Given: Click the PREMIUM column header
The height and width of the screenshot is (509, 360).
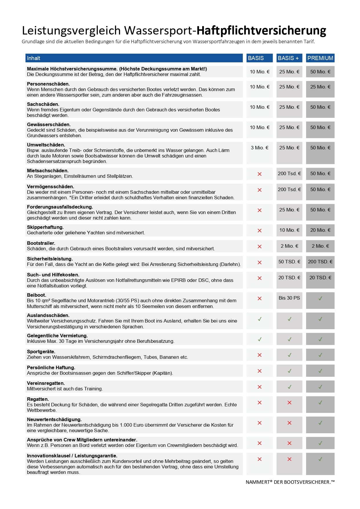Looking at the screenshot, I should pyautogui.click(x=320, y=58).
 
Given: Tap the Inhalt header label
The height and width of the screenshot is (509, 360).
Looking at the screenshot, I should pyautogui.click(x=34, y=58).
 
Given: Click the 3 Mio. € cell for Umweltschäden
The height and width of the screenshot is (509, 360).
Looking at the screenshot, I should pyautogui.click(x=260, y=148).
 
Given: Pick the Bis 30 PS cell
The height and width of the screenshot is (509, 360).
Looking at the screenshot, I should pyautogui.click(x=289, y=298).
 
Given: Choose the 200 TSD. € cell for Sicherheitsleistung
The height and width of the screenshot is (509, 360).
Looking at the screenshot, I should pyautogui.click(x=320, y=262).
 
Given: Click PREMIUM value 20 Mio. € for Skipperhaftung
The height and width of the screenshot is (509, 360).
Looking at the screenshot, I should pyautogui.click(x=320, y=230).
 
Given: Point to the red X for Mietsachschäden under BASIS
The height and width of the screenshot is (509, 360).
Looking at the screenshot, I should pyautogui.click(x=260, y=174).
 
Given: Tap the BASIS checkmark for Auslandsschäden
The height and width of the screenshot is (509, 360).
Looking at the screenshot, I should pyautogui.click(x=260, y=319).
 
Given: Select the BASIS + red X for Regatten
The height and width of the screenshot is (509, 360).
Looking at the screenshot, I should pyautogui.click(x=289, y=403).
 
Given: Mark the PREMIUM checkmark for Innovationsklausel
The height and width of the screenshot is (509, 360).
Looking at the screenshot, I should pyautogui.click(x=320, y=459).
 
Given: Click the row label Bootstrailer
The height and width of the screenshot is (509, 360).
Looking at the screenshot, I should pyautogui.click(x=41, y=243).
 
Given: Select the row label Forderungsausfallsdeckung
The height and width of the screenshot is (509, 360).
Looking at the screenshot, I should pyautogui.click(x=60, y=207).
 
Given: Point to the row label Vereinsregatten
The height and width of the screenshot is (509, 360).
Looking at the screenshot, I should pyautogui.click(x=46, y=383).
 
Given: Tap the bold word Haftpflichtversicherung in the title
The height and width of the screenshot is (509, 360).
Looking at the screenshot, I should pyautogui.click(x=261, y=30).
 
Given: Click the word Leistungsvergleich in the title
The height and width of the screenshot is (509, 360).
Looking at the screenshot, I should pyautogui.click(x=71, y=30).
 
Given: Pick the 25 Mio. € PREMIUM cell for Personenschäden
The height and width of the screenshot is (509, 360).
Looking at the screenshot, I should pyautogui.click(x=320, y=87).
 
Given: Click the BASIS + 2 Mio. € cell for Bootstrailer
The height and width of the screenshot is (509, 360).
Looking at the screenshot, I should pyautogui.click(x=289, y=246).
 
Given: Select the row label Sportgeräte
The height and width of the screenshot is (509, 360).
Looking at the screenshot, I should pyautogui.click(x=41, y=352).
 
